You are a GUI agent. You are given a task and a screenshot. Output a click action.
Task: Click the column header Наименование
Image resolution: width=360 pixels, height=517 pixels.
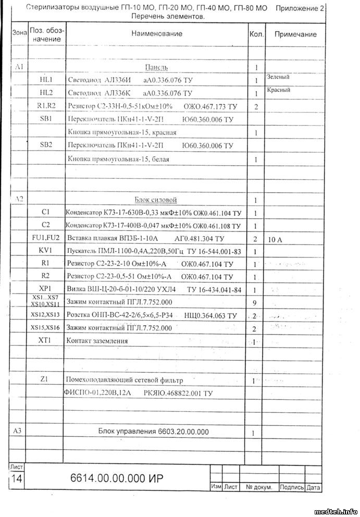tap(156, 34)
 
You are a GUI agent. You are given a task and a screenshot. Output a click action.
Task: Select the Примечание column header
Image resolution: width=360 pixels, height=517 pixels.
tap(295, 34)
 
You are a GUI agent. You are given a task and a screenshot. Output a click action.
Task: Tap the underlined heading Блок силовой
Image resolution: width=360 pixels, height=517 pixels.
tap(156, 200)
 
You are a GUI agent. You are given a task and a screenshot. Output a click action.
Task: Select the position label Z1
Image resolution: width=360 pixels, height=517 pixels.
tap(44, 379)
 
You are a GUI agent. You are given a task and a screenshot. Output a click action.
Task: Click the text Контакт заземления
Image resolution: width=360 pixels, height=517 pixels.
tap(97, 341)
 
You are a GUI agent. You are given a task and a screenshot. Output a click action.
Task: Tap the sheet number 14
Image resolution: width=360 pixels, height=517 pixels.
tap(16, 479)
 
